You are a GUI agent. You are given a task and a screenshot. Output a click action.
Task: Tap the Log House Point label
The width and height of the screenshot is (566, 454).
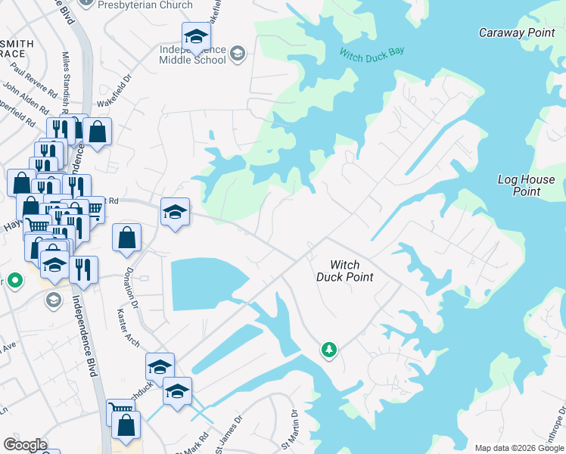tap(526, 185)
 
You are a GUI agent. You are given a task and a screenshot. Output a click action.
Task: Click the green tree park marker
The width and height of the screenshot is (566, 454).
tap(328, 350)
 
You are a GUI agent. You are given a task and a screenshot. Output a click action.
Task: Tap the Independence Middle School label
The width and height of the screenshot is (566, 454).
tap(193, 55)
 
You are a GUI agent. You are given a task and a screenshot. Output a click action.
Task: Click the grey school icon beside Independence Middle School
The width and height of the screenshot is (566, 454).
tap(238, 53)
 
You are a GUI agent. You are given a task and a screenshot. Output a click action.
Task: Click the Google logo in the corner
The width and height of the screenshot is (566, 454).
tap(25, 445)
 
